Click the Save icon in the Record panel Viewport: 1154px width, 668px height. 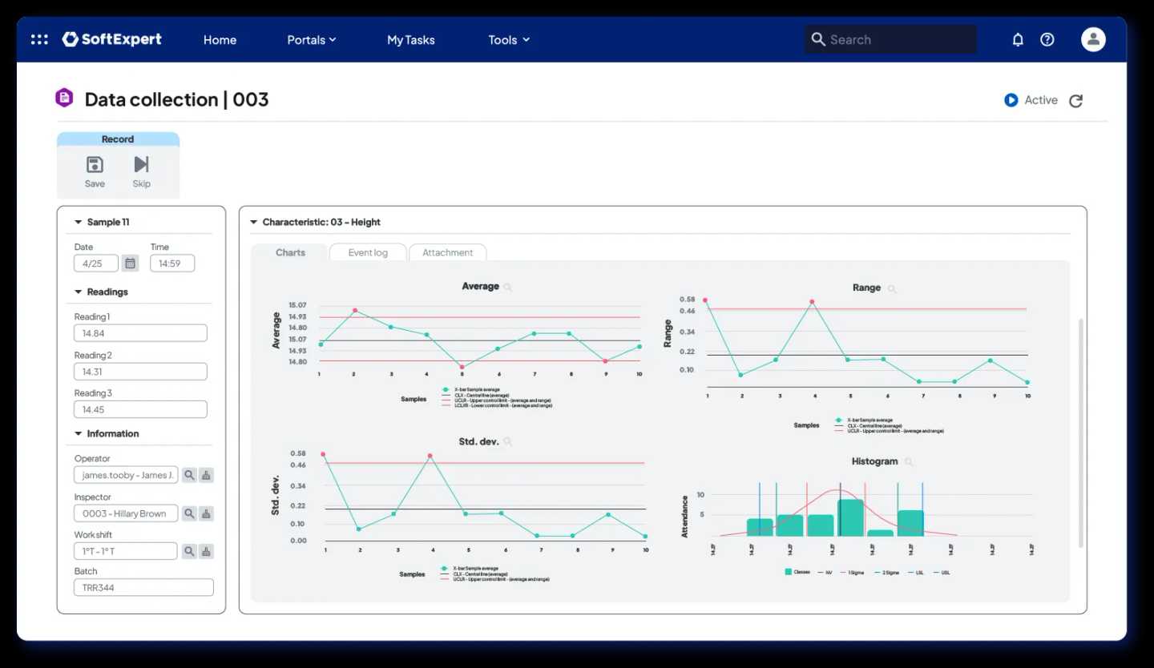coord(95,165)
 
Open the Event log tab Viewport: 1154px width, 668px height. coord(368,252)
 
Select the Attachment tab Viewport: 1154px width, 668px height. coord(447,252)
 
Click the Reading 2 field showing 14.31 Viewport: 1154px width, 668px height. coord(140,372)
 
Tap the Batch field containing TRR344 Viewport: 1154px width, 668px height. coord(143,587)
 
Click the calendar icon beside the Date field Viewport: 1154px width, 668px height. coord(131,264)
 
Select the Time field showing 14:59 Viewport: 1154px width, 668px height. coord(171,264)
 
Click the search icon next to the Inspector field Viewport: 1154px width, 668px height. coord(189,513)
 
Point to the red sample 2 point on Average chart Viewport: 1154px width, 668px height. coord(355,311)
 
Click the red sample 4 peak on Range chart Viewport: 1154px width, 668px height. coord(812,302)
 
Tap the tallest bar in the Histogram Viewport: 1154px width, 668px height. coord(850,517)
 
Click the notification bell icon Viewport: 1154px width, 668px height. coord(1018,39)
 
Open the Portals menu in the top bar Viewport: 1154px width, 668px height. coord(311,40)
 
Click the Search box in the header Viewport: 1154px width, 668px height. coord(890,39)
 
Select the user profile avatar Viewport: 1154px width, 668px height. coord(1093,39)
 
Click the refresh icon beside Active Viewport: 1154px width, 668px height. coord(1076,101)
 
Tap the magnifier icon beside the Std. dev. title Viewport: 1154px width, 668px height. coord(507,442)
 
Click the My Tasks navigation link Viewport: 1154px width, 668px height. coord(410,40)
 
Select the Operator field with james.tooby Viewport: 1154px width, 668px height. coord(126,475)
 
